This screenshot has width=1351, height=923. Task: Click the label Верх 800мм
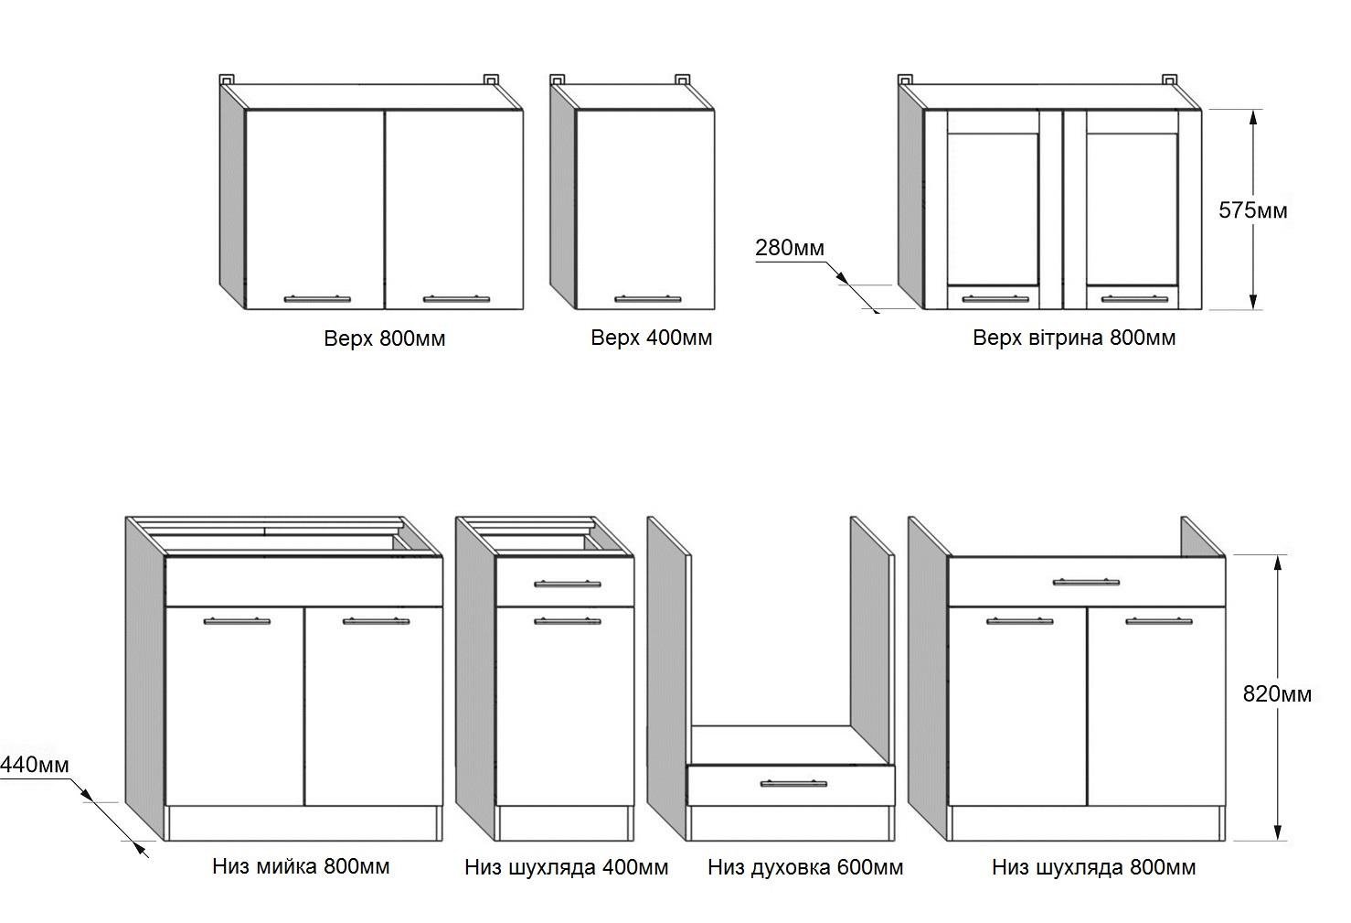(384, 338)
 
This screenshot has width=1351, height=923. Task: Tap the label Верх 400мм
(651, 338)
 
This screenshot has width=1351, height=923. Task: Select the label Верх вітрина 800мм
(1073, 338)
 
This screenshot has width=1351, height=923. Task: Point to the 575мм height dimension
(1252, 210)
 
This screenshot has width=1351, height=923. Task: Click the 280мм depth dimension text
(790, 248)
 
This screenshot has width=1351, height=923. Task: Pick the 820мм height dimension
(1276, 694)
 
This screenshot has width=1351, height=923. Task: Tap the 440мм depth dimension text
(35, 764)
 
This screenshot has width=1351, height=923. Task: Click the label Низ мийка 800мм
(301, 865)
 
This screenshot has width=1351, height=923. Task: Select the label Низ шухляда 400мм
(566, 866)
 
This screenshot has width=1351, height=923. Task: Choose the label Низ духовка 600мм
(805, 866)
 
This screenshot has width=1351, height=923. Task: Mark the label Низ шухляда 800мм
(1093, 866)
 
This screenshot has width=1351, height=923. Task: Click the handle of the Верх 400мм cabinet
(647, 298)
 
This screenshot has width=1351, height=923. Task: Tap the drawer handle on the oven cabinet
(793, 783)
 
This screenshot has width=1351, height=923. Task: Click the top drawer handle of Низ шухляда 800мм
(1085, 582)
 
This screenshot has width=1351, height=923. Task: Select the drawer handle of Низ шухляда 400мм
(567, 584)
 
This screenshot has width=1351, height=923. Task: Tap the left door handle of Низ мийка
(237, 621)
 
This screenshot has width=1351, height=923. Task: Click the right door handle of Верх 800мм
(455, 298)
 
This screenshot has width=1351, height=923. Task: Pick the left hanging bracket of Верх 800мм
(228, 79)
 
